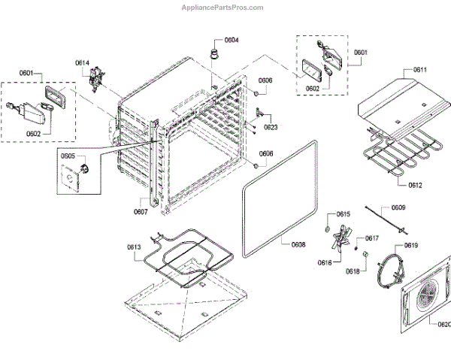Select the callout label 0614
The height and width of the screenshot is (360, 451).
82,62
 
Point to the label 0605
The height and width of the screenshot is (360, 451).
68,156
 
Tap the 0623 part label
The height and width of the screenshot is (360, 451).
271,127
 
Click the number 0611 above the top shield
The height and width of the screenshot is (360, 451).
419,70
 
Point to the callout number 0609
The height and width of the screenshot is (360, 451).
398,207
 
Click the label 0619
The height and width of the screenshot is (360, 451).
411,246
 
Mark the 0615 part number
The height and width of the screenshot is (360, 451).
343,214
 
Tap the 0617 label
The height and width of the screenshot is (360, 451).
371,238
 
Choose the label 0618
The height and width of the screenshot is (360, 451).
353,271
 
